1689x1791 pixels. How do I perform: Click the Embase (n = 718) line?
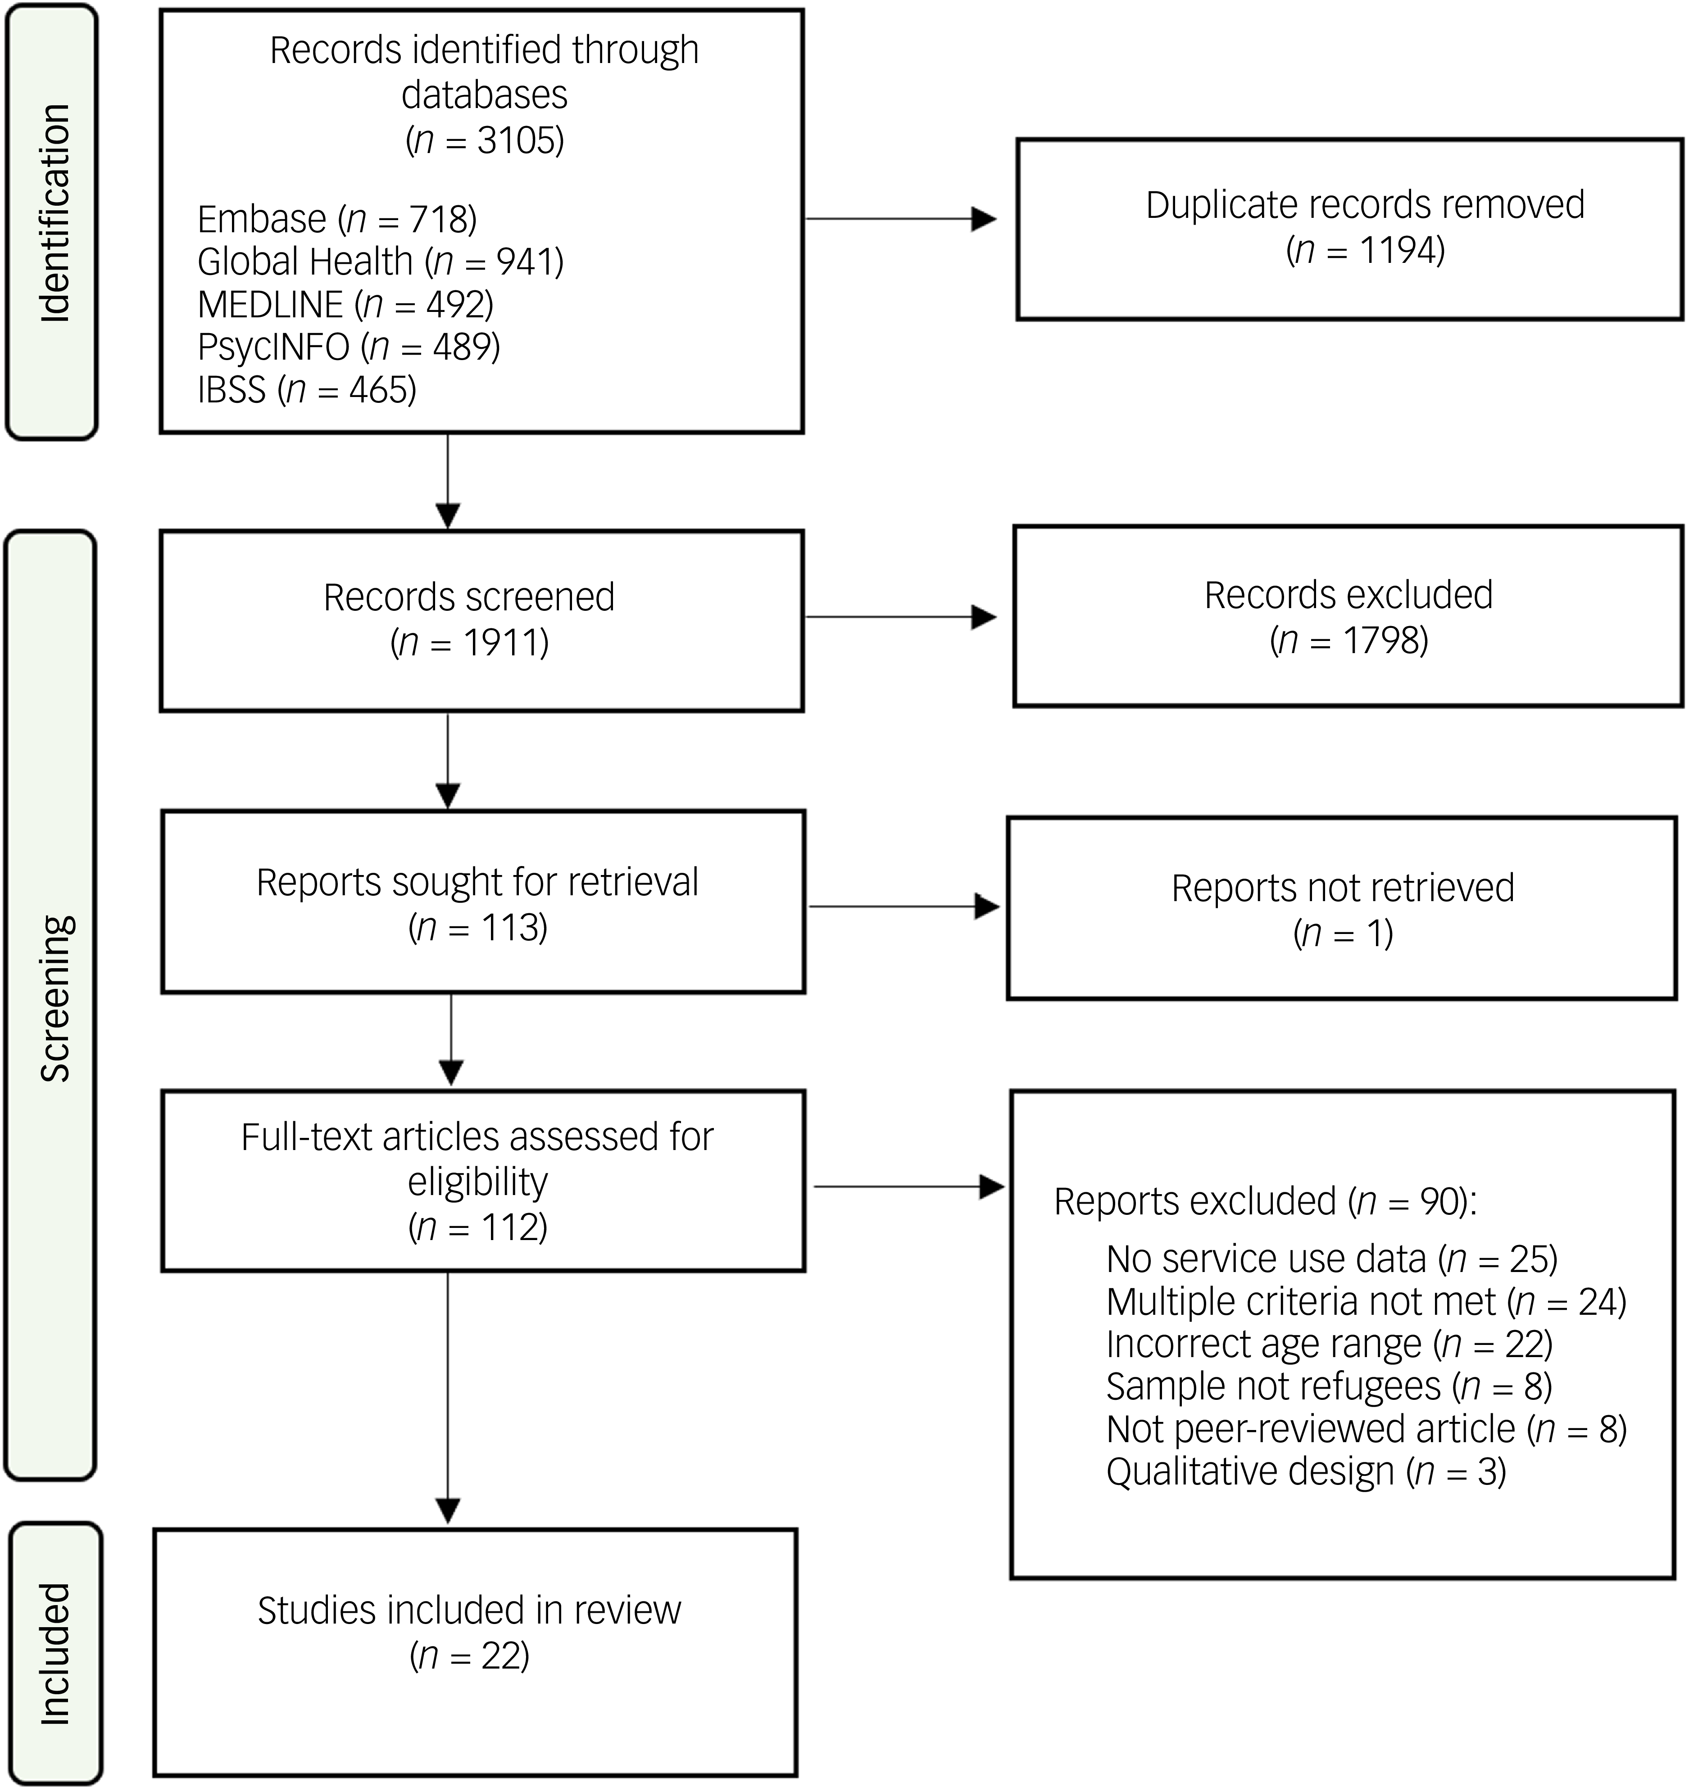(x=337, y=219)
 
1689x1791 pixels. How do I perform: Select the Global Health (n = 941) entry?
(x=380, y=262)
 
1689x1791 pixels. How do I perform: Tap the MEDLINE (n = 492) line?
(x=345, y=305)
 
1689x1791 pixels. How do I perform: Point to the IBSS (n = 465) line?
(x=306, y=389)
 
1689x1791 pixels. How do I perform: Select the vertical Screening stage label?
(x=55, y=997)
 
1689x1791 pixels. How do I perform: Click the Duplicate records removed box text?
(x=1365, y=227)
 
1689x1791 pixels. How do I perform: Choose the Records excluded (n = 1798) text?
(x=1348, y=617)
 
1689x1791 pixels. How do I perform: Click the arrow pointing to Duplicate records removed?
(x=900, y=219)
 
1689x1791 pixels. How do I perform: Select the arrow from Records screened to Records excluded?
(x=900, y=617)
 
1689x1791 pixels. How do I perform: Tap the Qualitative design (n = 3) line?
(x=1306, y=1471)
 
